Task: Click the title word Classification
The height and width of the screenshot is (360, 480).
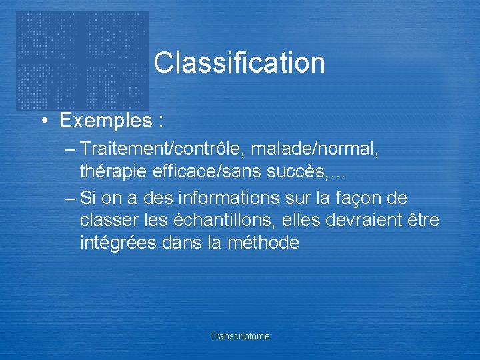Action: click(239, 63)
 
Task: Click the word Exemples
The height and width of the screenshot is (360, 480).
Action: click(105, 121)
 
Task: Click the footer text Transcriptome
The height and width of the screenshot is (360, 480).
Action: click(240, 336)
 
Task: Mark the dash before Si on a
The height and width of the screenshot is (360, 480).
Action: click(70, 199)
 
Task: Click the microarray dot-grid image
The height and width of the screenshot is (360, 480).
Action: click(82, 60)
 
